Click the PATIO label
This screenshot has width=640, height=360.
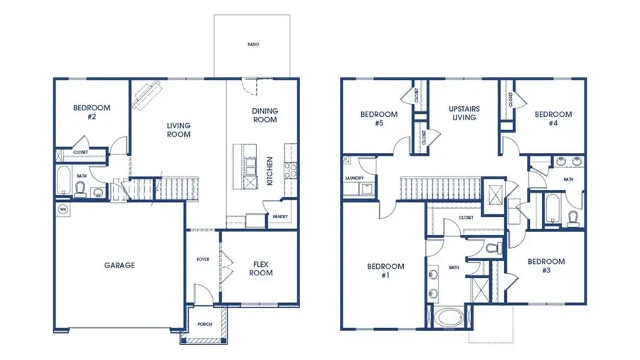click(254, 44)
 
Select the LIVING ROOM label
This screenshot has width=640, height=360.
click(178, 130)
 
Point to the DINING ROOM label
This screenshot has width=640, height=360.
click(265, 115)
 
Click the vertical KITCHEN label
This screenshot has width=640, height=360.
click(270, 171)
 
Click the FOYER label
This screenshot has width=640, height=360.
click(202, 259)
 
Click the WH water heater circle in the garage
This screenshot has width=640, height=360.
click(63, 209)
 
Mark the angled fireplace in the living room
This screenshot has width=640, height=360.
click(146, 95)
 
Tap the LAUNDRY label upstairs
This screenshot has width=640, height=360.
click(354, 178)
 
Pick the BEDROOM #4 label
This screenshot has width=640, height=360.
click(553, 117)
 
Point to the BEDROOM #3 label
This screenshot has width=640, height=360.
click(545, 265)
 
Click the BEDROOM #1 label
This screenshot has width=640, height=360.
click(385, 271)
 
